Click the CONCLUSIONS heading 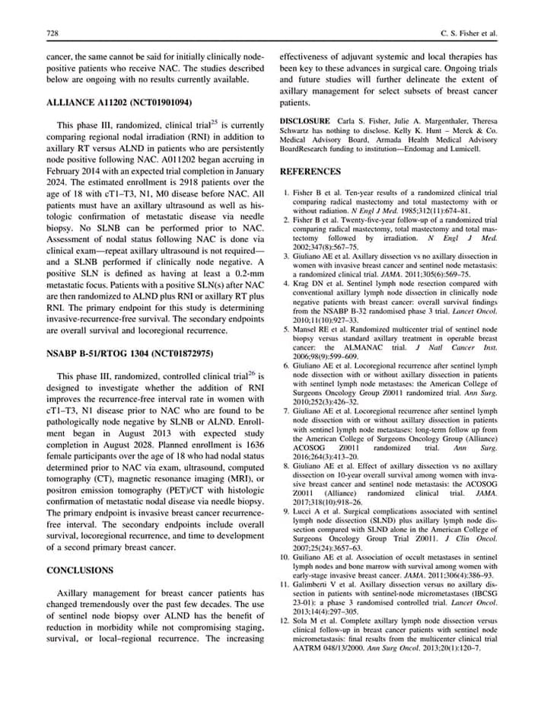[x=80, y=570]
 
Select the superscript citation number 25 [x=215, y=121]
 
